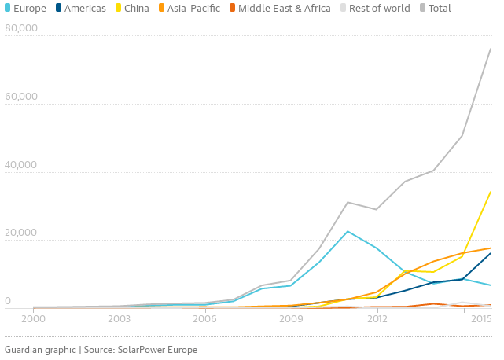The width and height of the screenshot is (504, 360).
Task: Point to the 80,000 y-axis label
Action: tap(21, 29)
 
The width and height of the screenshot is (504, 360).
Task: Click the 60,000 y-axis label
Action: tap(21, 97)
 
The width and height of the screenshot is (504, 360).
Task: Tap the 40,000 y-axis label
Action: tap(21, 166)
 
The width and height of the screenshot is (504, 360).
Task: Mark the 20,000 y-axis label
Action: tap(21, 233)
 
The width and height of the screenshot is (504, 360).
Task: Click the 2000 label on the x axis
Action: tap(33, 319)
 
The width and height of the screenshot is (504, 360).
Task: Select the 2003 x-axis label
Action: tap(119, 319)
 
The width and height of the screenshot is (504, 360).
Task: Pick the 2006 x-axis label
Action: tap(204, 319)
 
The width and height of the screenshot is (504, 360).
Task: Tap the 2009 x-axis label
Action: tap(291, 319)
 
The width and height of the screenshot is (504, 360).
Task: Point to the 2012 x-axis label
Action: tap(377, 319)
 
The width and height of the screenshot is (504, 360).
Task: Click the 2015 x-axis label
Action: tap(481, 319)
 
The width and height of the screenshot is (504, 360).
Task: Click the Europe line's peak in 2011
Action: tap(348, 231)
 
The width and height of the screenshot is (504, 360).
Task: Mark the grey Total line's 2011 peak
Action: tap(348, 202)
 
